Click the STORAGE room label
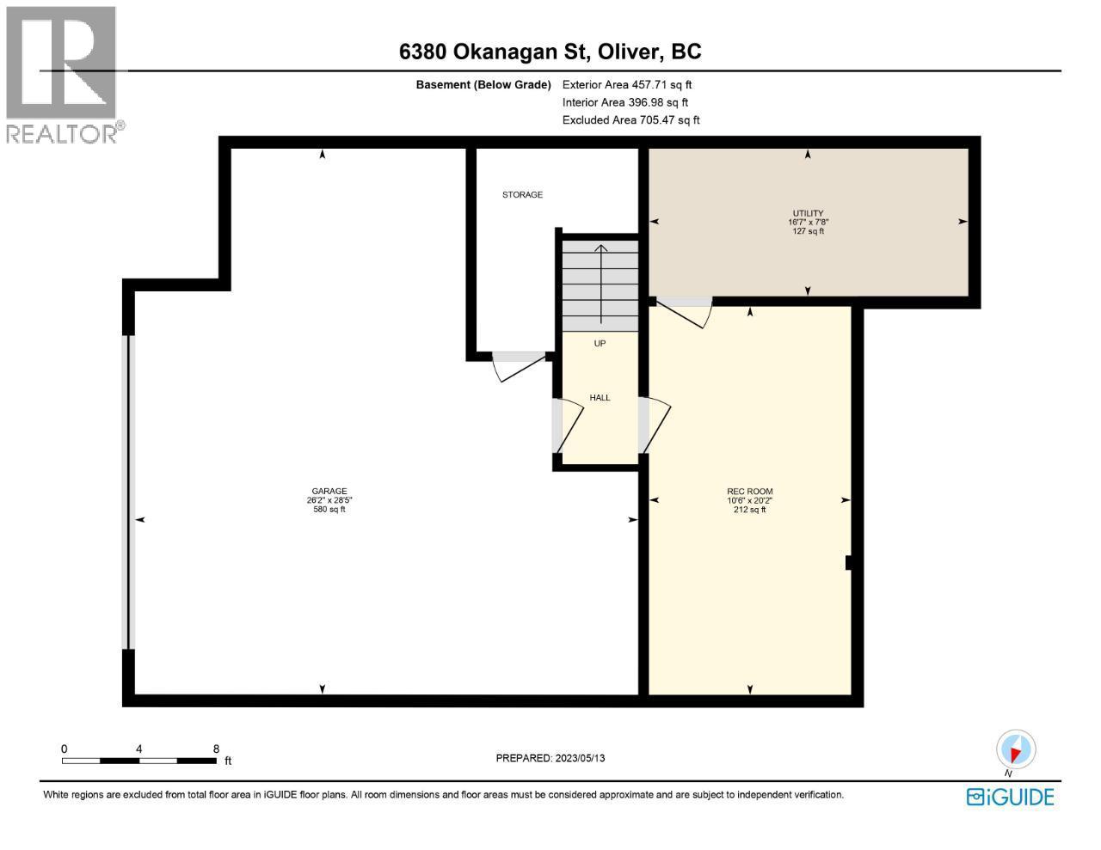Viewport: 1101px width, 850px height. (x=522, y=195)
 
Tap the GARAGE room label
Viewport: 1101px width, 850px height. (x=329, y=492)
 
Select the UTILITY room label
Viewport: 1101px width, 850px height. (x=808, y=213)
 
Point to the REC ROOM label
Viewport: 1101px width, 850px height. (x=750, y=492)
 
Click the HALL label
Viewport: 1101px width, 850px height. (x=600, y=398)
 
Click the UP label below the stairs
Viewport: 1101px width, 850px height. (x=600, y=344)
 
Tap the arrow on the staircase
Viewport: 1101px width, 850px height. (x=600, y=284)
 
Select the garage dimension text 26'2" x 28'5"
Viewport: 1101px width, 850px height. (x=329, y=500)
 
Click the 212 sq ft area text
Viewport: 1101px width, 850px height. (x=750, y=510)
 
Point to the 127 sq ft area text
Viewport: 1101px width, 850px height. (x=808, y=231)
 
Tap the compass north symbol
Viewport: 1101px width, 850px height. (x=1016, y=749)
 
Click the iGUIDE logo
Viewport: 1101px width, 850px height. (x=1010, y=797)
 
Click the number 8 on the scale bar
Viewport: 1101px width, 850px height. (x=216, y=749)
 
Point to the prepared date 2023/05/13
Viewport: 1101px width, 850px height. (x=581, y=758)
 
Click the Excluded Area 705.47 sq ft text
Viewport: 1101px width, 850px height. (x=630, y=120)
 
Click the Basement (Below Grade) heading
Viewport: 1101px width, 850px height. (x=483, y=84)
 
